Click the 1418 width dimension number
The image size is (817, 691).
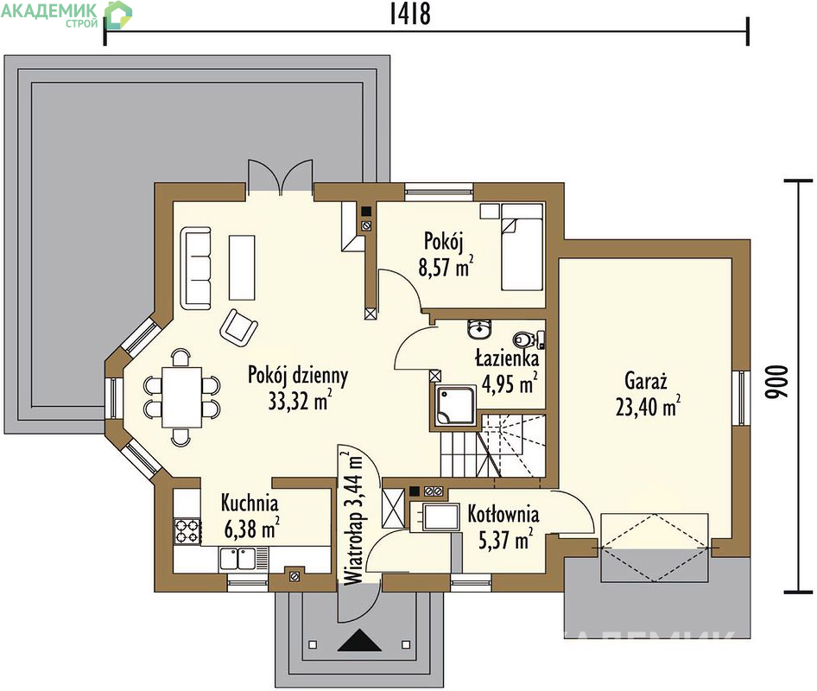pyautogui.click(x=410, y=14)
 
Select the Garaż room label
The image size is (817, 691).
pyautogui.click(x=646, y=381)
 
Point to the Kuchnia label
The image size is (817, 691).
pyautogui.click(x=250, y=503)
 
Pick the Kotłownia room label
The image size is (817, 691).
pyautogui.click(x=503, y=514)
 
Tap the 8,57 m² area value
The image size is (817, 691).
pyautogui.click(x=446, y=266)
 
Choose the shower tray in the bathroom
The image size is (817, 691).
pyautogui.click(x=455, y=406)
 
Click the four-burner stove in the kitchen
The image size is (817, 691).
pyautogui.click(x=187, y=531)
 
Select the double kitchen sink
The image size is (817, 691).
pyautogui.click(x=237, y=559)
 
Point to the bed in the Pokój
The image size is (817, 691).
pyautogui.click(x=522, y=247)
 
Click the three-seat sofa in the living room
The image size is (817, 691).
pyautogui.click(x=196, y=268)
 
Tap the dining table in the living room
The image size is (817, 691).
pyautogui.click(x=181, y=397)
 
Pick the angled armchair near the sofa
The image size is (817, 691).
pyautogui.click(x=238, y=327)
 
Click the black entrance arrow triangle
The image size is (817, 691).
pyautogui.click(x=359, y=640)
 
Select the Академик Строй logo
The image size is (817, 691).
pyautogui.click(x=66, y=15)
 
